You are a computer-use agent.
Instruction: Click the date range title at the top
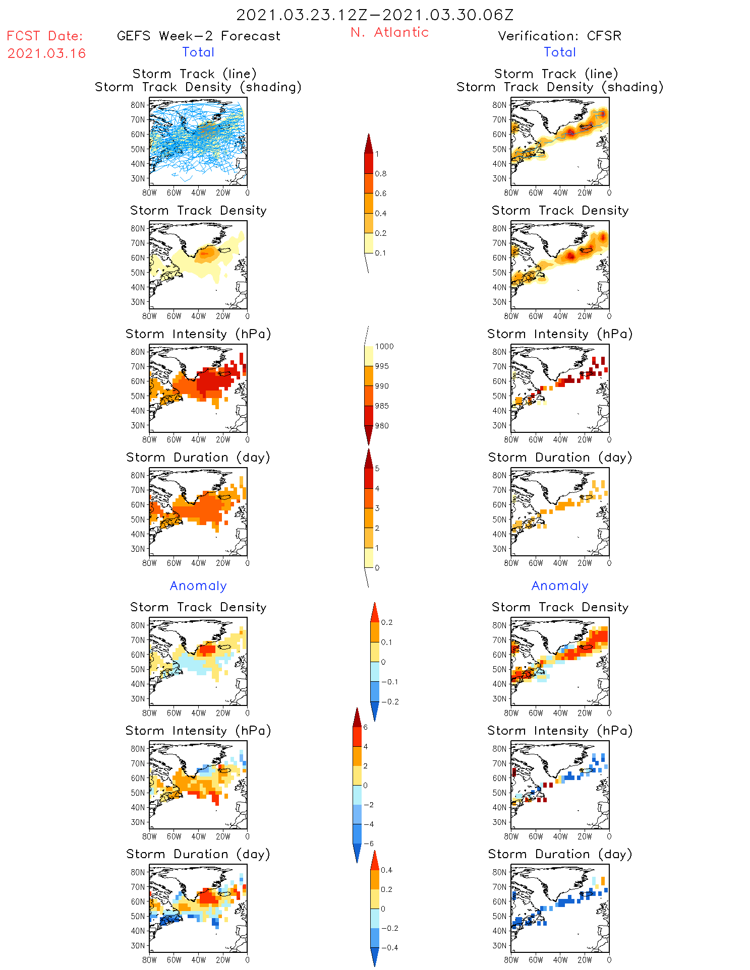(x=375, y=15)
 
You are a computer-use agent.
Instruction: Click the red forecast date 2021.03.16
(x=46, y=53)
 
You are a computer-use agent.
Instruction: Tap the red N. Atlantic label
(x=389, y=32)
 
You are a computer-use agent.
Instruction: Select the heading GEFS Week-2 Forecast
(x=198, y=36)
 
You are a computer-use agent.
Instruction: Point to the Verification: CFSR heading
(x=559, y=36)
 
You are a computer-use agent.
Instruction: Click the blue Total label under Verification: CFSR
(x=559, y=52)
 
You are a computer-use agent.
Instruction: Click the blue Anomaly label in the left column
(x=198, y=586)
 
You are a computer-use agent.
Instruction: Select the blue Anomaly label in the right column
(x=560, y=586)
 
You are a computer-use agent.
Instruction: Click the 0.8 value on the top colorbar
(x=381, y=174)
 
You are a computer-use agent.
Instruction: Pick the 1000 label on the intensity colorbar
(x=384, y=347)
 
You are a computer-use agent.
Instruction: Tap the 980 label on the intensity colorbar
(x=382, y=426)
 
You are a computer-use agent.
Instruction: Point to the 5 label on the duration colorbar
(x=377, y=469)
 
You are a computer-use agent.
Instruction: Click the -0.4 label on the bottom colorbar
(x=389, y=948)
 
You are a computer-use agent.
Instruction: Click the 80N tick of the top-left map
(x=138, y=105)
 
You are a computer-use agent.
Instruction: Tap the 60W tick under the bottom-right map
(x=536, y=960)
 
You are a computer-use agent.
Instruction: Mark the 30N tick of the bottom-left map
(x=138, y=945)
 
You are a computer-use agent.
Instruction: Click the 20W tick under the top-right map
(x=585, y=192)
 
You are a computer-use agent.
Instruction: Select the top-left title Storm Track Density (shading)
(x=198, y=87)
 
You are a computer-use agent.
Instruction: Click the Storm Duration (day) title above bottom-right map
(x=560, y=854)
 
